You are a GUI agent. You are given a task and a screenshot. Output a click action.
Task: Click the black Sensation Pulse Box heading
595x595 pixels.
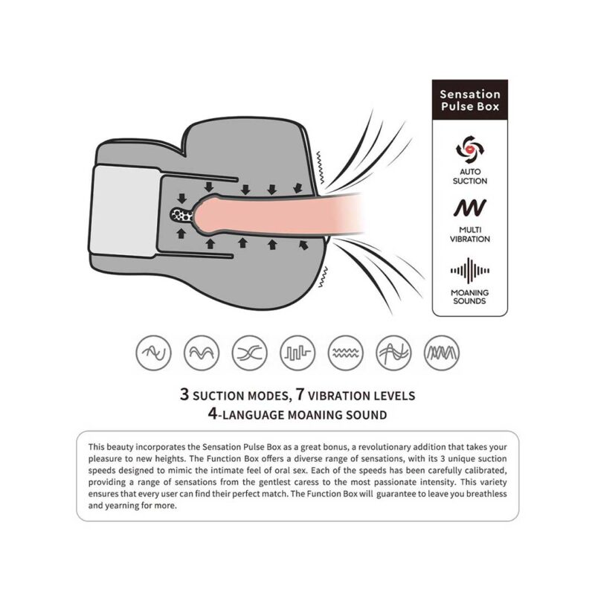pyautogui.click(x=470, y=100)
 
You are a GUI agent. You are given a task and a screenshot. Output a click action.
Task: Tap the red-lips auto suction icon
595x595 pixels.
pyautogui.click(x=470, y=149)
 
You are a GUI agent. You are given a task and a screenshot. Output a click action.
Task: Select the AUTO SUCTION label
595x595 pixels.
pyautogui.click(x=470, y=176)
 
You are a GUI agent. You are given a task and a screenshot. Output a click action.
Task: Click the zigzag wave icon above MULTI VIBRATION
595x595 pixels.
pyautogui.click(x=470, y=208)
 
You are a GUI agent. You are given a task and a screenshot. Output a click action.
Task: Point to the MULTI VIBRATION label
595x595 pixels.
pyautogui.click(x=470, y=234)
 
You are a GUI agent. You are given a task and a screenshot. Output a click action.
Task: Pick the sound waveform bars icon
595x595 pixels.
pyautogui.click(x=470, y=271)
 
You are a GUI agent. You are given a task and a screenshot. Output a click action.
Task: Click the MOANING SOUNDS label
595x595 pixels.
pyautogui.click(x=470, y=297)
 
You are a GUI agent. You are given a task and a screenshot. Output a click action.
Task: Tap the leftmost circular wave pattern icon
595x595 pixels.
pyautogui.click(x=153, y=353)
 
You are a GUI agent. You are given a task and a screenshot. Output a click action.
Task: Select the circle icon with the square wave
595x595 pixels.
pyautogui.click(x=297, y=353)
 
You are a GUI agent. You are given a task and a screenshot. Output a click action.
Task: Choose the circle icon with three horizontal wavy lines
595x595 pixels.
pyautogui.click(x=345, y=353)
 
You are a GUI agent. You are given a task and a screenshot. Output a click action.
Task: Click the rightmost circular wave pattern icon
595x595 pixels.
pyautogui.click(x=441, y=353)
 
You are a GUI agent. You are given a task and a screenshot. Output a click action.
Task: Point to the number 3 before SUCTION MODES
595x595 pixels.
pyautogui.click(x=184, y=394)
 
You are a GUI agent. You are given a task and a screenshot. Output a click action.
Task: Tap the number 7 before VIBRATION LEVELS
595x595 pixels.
pyautogui.click(x=300, y=394)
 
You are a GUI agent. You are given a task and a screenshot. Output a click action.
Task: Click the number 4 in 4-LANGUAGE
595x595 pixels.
pyautogui.click(x=213, y=414)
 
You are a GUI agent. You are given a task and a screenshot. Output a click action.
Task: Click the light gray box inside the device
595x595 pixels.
pyautogui.click(x=125, y=211)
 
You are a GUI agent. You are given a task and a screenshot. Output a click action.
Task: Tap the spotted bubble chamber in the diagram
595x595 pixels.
pyautogui.click(x=182, y=215)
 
